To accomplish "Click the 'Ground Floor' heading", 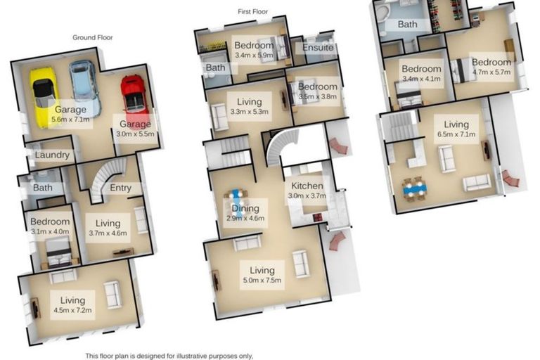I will pos(93,37).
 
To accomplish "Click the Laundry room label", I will pos(51,155).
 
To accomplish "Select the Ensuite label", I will pos(319,49).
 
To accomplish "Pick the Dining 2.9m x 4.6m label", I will pos(245,213).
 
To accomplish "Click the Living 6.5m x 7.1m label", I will pos(456,130).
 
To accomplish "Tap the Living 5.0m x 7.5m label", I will pos(262,275).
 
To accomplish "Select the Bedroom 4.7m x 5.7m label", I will pos(491,67).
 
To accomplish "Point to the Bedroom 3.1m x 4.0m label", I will pos(51,226).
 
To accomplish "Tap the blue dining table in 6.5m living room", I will pos(414,188).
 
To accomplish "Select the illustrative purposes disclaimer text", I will pos(169,356).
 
